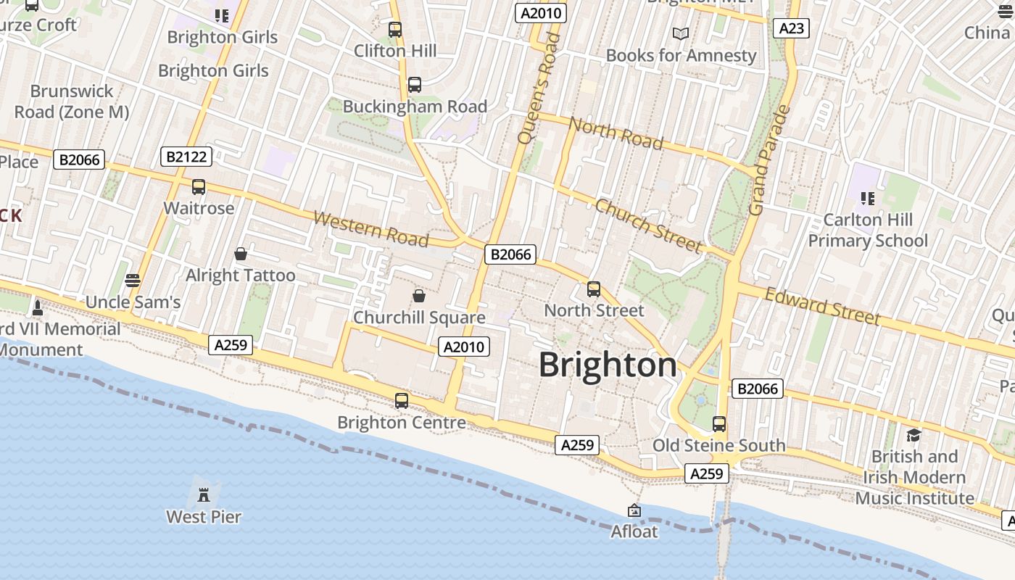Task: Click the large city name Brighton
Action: [x=608, y=365]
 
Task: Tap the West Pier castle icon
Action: [x=204, y=494]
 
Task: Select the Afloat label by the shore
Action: [x=634, y=531]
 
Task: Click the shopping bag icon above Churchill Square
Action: [x=419, y=296]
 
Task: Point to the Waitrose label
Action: [x=199, y=208]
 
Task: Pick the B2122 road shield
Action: [x=186, y=156]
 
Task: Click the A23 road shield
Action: [x=791, y=28]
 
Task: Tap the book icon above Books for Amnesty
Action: [x=680, y=34]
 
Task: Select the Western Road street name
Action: [x=370, y=228]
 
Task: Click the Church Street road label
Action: [x=648, y=225]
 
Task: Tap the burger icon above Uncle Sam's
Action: [x=132, y=280]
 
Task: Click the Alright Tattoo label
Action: [x=241, y=275]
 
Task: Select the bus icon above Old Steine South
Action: [x=719, y=424]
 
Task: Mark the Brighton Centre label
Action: [x=402, y=422]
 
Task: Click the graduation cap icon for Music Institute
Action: [x=913, y=435]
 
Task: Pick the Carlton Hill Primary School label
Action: [x=868, y=230]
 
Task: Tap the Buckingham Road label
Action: [x=415, y=107]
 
